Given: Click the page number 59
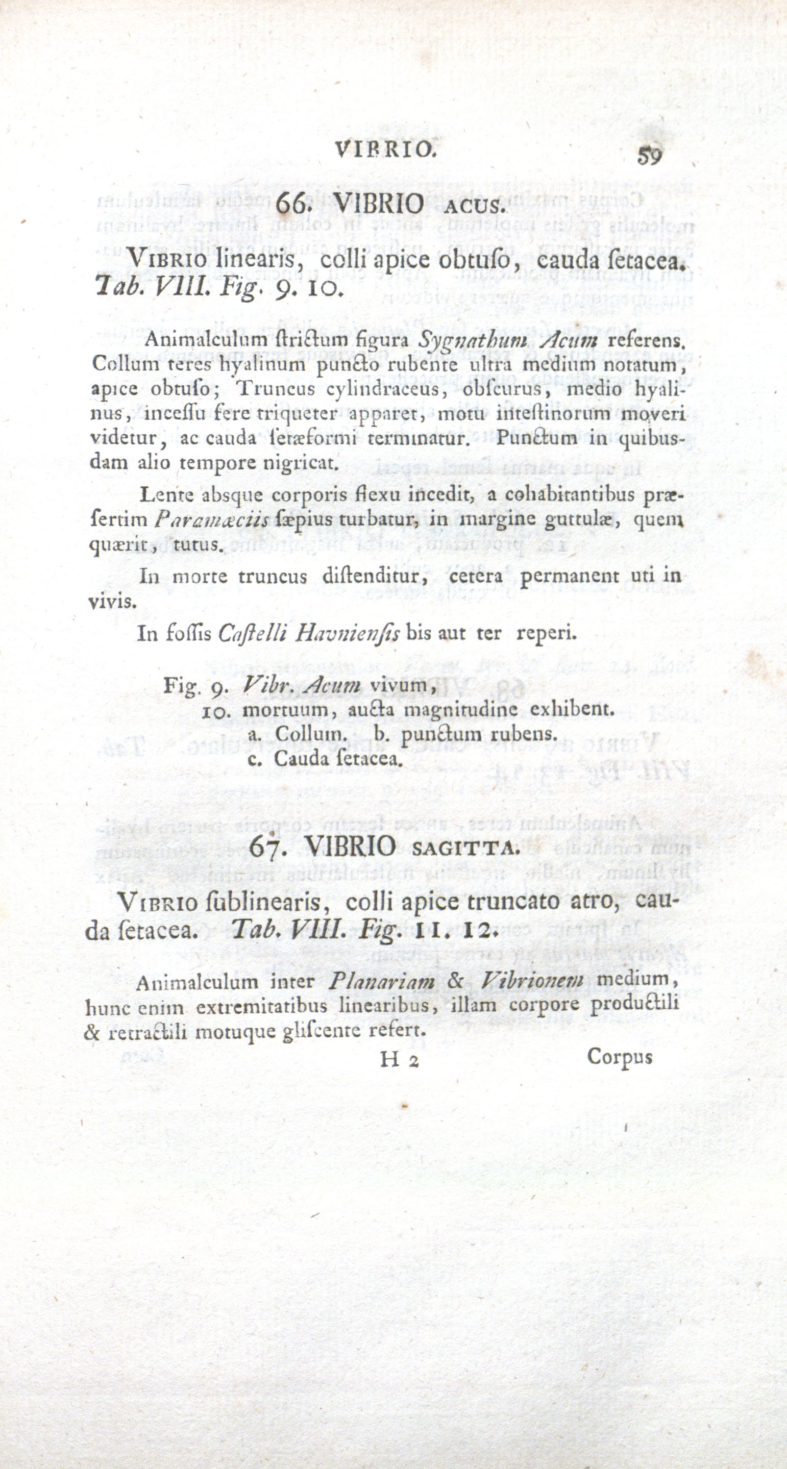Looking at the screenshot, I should pyautogui.click(x=650, y=156).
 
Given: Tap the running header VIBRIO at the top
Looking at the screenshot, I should pyautogui.click(x=384, y=150).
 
